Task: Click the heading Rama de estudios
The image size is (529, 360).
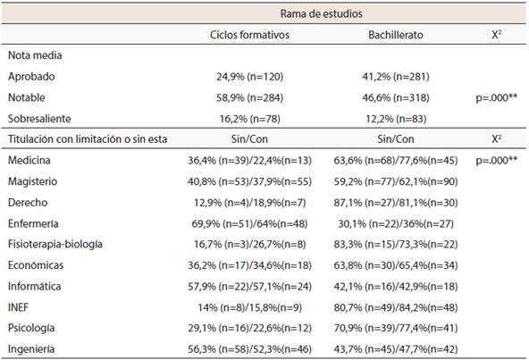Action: tap(321, 13)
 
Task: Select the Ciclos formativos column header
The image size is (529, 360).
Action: tap(249, 35)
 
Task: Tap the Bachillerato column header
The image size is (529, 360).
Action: tap(396, 35)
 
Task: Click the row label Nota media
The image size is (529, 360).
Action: tap(35, 55)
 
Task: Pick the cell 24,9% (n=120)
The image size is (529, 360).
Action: tap(249, 77)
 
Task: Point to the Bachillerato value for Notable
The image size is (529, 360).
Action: tap(396, 98)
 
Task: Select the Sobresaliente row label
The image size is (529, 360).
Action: tap(39, 119)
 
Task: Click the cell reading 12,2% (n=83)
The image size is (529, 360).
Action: tap(396, 119)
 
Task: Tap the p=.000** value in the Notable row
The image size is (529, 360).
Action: tap(496, 98)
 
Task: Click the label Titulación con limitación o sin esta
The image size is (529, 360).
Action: tap(88, 139)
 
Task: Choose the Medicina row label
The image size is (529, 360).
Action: tap(29, 160)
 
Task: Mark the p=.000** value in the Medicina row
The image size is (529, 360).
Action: tap(496, 160)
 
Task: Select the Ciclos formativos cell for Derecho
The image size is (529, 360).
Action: tap(249, 203)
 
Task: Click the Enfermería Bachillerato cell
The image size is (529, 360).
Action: tap(396, 223)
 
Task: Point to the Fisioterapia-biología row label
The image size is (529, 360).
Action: tap(55, 244)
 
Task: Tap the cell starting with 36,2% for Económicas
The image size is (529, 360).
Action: tap(249, 265)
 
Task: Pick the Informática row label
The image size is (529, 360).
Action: tap(35, 286)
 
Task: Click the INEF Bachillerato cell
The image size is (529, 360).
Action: tap(396, 307)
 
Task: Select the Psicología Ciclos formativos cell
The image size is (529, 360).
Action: tap(249, 328)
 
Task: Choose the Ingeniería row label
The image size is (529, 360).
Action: tap(31, 349)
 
